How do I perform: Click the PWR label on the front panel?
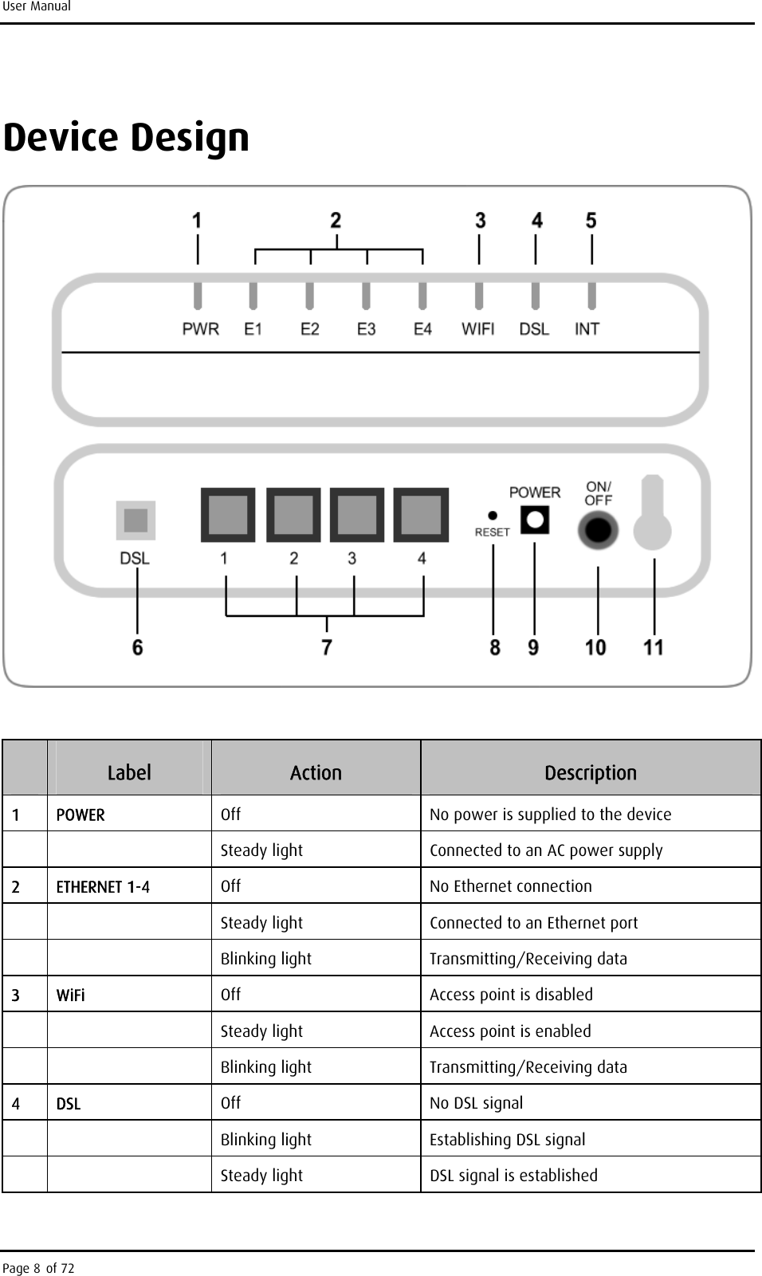200,329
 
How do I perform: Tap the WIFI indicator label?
478,329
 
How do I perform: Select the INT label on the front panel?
587,329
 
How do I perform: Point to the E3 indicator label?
366,329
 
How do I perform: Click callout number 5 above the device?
591,220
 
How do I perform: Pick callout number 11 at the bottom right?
654,647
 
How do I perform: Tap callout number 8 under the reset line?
495,647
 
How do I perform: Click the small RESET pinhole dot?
493,516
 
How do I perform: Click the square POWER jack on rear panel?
534,520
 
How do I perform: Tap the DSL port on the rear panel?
136,520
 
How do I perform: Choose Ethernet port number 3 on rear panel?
357,515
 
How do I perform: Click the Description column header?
591,772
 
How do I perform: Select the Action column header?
316,772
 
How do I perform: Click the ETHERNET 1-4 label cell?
103,887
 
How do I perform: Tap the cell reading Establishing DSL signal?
508,1140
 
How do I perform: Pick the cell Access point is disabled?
511,995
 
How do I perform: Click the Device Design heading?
127,138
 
